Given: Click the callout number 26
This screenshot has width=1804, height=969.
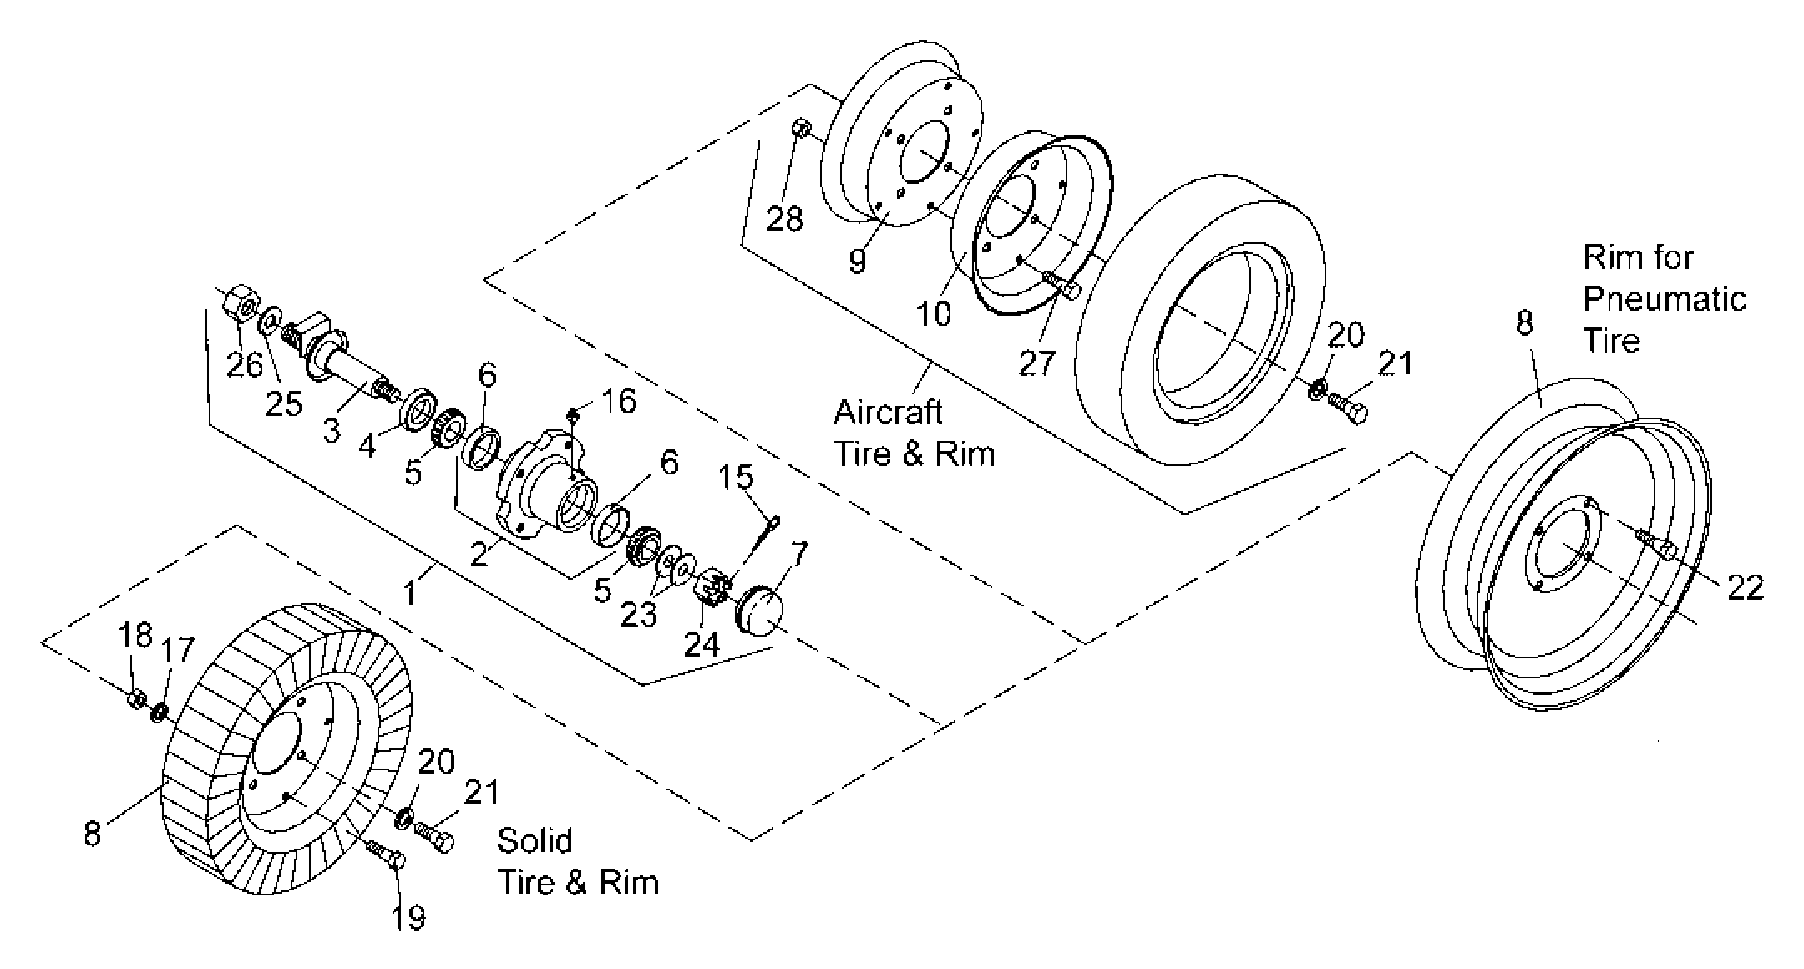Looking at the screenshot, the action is point(244,365).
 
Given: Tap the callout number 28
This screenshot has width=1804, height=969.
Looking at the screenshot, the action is point(784,219).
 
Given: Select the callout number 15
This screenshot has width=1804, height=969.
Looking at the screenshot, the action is point(736,477).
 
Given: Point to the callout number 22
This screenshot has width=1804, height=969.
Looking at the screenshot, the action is point(1746,587).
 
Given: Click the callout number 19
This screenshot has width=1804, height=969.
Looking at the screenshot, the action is point(408,917).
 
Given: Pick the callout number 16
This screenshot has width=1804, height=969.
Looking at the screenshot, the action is point(620,401).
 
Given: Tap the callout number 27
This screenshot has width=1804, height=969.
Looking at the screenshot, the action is point(1036,363).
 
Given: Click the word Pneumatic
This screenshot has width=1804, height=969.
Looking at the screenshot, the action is point(1665,299).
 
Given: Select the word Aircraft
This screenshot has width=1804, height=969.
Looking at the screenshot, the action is point(888,412).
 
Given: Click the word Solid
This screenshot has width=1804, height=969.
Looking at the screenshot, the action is point(535,840).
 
